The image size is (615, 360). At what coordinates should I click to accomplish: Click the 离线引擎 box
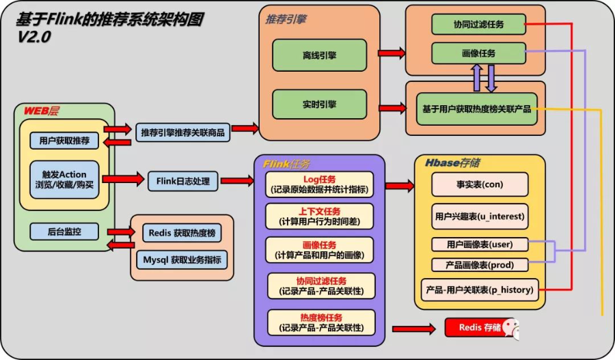tap(319, 55)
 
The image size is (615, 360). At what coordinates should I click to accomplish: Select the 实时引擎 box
tap(319, 105)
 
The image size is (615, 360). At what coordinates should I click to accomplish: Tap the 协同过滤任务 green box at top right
tap(478, 25)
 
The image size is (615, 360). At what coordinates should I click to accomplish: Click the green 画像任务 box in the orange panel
tap(478, 53)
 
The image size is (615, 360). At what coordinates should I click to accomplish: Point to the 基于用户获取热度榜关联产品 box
tap(476, 109)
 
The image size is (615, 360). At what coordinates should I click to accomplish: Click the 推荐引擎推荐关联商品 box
tap(182, 132)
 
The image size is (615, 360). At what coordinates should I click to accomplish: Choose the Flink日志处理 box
tap(182, 181)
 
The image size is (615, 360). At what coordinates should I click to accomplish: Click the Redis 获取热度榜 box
tap(182, 233)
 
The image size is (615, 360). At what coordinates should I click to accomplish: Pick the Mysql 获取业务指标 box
tap(182, 260)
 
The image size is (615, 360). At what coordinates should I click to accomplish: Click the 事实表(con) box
tap(480, 184)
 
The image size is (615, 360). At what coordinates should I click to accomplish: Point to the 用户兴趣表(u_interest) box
tap(480, 216)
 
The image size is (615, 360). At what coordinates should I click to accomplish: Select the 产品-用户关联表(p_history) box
tap(480, 290)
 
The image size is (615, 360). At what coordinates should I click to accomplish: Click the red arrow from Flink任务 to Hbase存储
tap(399, 185)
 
